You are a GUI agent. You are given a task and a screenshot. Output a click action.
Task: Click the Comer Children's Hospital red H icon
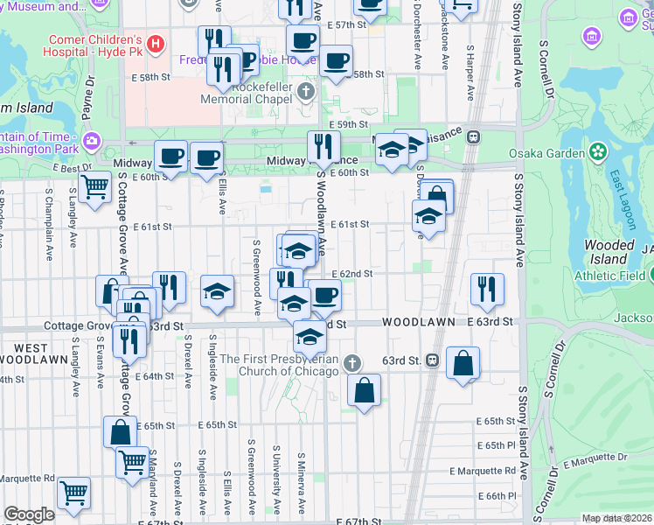coord(156,43)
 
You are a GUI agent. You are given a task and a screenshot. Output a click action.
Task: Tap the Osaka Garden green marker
coord(598,152)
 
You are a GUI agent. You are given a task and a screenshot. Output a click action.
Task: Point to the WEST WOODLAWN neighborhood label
coord(32,353)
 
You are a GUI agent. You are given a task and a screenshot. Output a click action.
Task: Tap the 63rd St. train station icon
coord(432,360)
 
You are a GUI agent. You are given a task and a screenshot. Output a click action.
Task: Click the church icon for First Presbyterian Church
coord(351,361)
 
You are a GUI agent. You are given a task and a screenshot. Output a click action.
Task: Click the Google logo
coord(29,515)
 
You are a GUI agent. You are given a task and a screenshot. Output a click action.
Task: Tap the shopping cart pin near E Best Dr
coord(94,185)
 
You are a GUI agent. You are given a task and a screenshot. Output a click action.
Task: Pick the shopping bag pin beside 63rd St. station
coord(463,360)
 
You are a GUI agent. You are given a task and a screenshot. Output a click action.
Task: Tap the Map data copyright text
coord(616,518)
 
